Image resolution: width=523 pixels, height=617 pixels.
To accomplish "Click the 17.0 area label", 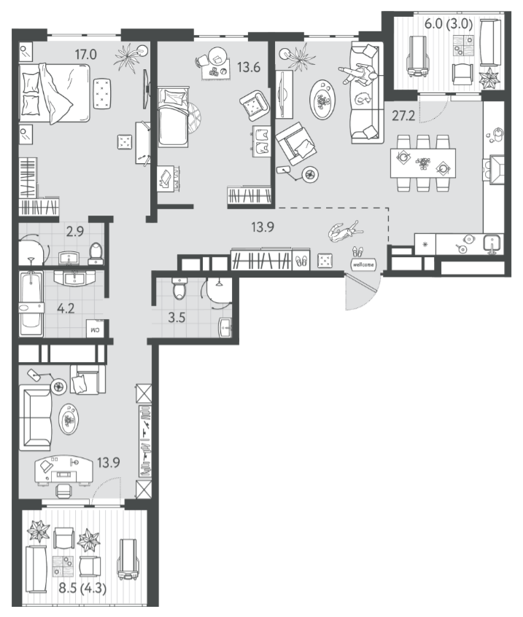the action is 85,54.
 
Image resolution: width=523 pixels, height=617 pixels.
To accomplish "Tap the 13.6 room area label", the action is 249,67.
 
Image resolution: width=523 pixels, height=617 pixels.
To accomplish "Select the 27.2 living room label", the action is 403,116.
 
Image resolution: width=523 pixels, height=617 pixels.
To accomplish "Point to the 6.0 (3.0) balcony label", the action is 449,24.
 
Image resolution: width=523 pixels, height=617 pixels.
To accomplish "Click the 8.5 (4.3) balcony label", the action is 82,589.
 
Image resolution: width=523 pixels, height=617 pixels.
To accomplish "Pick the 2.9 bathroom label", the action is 75,232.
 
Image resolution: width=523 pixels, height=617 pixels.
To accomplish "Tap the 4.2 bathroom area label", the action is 66,308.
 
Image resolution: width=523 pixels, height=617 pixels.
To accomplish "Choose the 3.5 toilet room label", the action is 177,317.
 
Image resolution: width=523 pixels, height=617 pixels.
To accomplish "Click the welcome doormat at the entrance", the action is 363,265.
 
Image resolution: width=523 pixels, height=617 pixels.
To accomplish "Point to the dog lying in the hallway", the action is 345,232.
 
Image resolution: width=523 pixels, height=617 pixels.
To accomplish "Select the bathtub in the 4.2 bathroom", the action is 31,304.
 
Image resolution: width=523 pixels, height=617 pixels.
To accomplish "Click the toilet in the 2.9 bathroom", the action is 96,254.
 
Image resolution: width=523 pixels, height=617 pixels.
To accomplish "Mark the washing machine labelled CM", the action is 96,329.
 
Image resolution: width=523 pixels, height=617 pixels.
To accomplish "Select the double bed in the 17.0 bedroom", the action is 55,93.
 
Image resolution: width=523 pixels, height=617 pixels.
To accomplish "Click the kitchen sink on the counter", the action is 492,243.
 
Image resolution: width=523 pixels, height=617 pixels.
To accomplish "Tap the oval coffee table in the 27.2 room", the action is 323,100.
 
